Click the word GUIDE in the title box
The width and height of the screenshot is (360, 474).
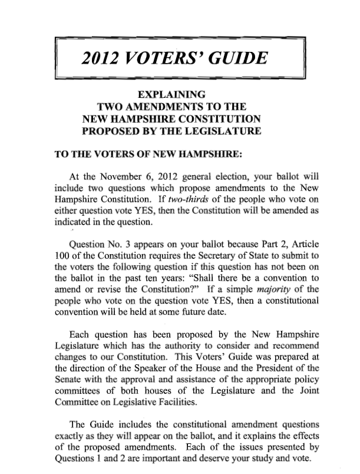(235, 58)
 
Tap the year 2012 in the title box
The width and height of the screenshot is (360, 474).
(101, 58)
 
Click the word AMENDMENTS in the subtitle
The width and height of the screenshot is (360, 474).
(172, 107)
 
